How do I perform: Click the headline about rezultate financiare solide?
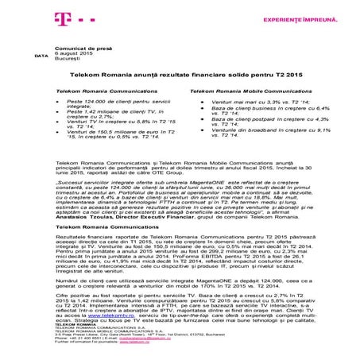tap(180, 78)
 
